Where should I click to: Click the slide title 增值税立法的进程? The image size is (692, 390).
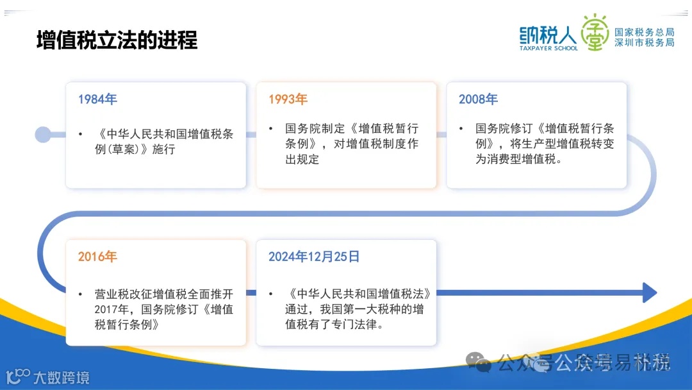(117, 40)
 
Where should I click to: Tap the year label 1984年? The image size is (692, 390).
(97, 99)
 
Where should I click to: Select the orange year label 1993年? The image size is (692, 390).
(288, 99)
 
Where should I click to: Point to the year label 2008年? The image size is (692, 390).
(478, 99)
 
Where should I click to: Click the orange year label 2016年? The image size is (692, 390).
(97, 257)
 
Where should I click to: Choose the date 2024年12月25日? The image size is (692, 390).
(314, 257)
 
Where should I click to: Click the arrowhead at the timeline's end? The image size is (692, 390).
(649, 292)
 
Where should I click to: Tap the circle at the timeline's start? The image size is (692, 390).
(43, 134)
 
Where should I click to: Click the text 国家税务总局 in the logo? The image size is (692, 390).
(644, 32)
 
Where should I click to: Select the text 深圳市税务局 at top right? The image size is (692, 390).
(644, 42)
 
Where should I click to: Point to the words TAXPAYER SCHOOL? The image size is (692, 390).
(548, 48)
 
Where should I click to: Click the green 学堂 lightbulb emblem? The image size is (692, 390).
(595, 32)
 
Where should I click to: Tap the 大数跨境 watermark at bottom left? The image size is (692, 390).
(61, 377)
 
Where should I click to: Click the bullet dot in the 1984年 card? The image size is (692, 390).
(80, 134)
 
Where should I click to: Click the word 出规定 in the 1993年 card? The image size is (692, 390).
(302, 159)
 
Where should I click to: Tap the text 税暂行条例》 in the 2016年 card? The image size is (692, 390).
(126, 325)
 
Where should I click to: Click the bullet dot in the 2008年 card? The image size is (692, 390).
(461, 128)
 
